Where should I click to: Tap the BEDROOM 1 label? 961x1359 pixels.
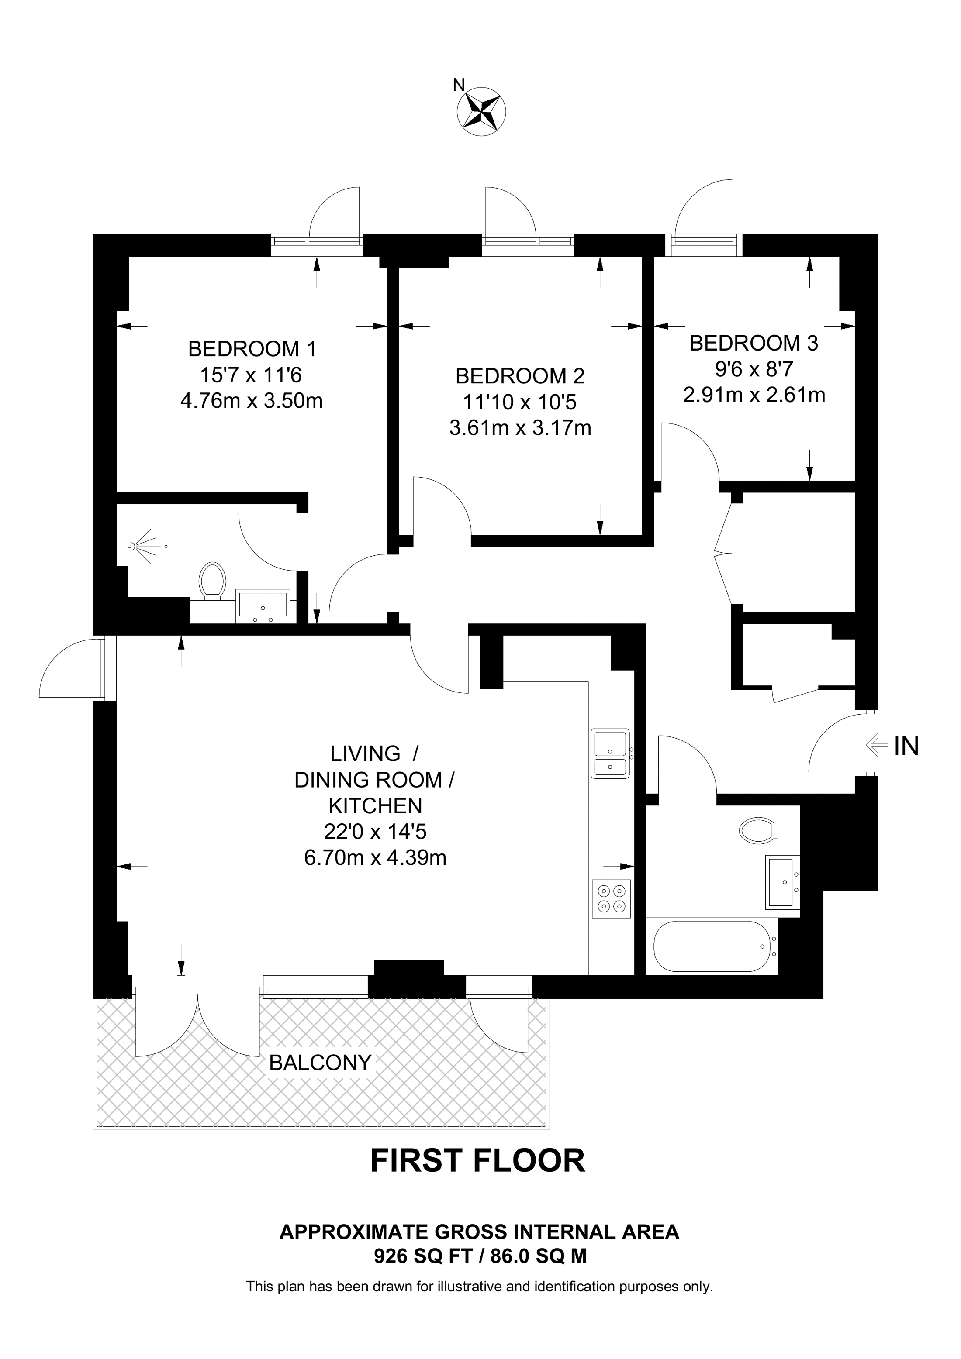(x=252, y=349)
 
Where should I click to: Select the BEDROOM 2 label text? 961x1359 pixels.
(x=520, y=376)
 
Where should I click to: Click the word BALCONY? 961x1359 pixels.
(x=320, y=1079)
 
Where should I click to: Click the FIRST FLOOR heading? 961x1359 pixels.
(x=477, y=1173)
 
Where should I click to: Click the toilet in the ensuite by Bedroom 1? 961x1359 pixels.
(x=212, y=581)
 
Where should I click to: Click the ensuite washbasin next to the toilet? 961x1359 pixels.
(x=262, y=605)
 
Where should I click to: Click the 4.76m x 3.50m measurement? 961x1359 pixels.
(x=251, y=401)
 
